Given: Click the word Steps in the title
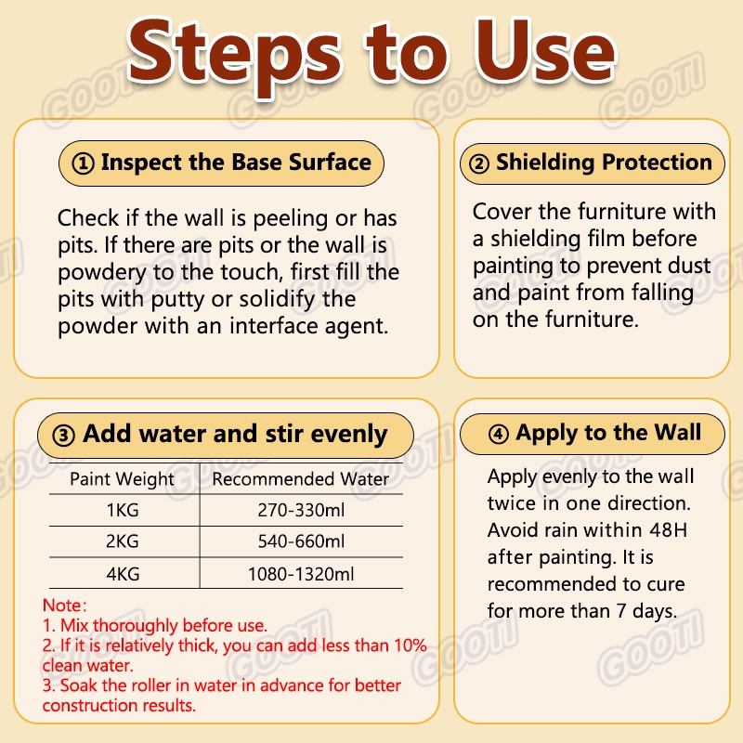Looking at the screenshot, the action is click(234, 55).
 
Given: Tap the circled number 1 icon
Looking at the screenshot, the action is click(83, 163).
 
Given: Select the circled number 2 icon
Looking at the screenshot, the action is click(479, 164).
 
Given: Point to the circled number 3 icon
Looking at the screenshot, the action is click(63, 436).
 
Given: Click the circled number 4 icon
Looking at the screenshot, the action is click(499, 434).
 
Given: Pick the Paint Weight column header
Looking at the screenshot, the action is click(123, 479).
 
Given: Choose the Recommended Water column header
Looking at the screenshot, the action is click(301, 479).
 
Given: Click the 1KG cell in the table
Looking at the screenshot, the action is click(123, 510).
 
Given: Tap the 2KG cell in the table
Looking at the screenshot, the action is click(123, 541).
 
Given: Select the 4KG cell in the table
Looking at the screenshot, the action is click(123, 574).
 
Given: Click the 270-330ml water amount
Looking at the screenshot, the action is click(301, 510).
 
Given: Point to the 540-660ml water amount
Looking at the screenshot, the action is click(301, 541).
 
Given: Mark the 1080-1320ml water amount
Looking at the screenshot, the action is click(301, 574).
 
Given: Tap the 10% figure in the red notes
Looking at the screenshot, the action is click(411, 645).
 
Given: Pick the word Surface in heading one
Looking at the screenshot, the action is click(330, 163).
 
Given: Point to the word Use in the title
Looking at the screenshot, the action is click(546, 51).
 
